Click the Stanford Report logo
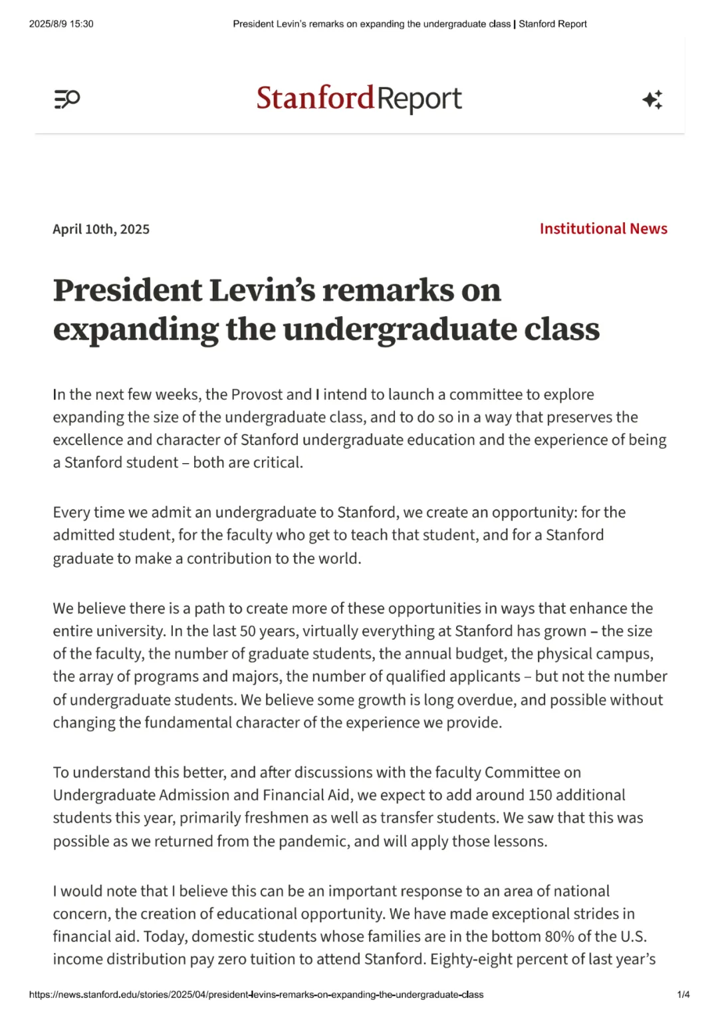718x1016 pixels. coord(359,98)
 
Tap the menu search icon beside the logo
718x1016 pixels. coord(66,99)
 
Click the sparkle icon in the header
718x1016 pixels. coord(652,99)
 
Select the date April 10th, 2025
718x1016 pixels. coord(101,230)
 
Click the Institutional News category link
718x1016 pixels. coord(603,229)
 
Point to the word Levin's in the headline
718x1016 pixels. coord(262,290)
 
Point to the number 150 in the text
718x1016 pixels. coord(540,795)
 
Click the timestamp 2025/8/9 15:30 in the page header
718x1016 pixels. coord(61,24)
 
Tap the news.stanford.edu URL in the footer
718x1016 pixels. coord(256,995)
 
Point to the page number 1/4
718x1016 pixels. coord(683,995)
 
